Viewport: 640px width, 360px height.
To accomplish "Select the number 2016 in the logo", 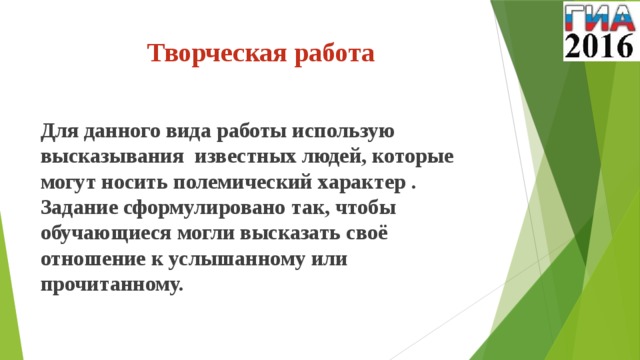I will click(x=599, y=46).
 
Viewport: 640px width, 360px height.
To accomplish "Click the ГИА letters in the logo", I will click(x=599, y=17).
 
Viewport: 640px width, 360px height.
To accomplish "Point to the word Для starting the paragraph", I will click(x=59, y=131).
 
